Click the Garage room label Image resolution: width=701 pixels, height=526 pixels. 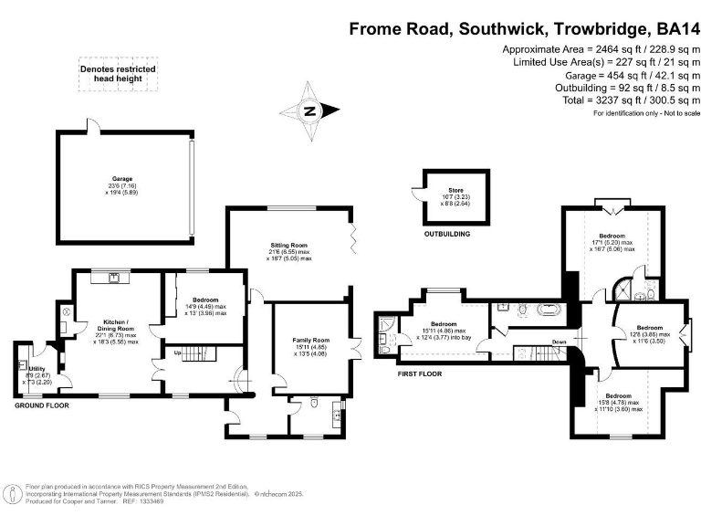[x=122, y=179]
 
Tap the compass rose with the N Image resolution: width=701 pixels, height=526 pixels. [x=309, y=112]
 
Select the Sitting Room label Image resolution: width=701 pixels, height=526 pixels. [x=288, y=246]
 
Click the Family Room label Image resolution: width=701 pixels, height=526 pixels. [x=310, y=340]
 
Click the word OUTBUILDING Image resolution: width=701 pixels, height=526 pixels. [x=447, y=235]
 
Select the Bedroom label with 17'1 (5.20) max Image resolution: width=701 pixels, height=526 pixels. [x=612, y=236]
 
